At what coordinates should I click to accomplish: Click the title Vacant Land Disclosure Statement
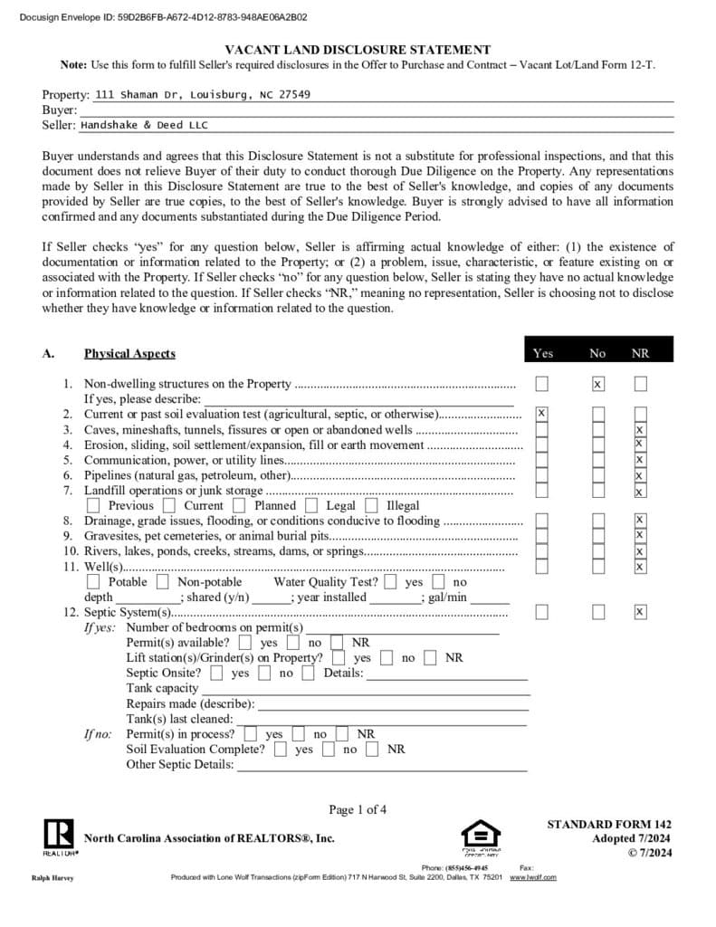coord(358,51)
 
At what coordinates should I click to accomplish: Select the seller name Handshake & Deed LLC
coord(144,126)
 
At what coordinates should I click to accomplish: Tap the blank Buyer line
coord(376,110)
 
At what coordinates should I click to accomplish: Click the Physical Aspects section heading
coord(129,353)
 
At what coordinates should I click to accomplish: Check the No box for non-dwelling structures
coord(597,384)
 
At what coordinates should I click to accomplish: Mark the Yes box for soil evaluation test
coord(541,413)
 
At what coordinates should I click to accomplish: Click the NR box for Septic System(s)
coord(640,612)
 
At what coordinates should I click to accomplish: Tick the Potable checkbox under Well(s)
coord(94,582)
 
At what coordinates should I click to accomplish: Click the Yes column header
coord(543,353)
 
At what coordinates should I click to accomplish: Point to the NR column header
coord(640,353)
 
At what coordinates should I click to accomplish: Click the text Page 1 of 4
coord(358,809)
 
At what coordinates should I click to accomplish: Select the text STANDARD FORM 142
coord(609,825)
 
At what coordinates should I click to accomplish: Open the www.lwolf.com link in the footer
coord(533,877)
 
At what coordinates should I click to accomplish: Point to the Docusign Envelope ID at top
coord(163,16)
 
